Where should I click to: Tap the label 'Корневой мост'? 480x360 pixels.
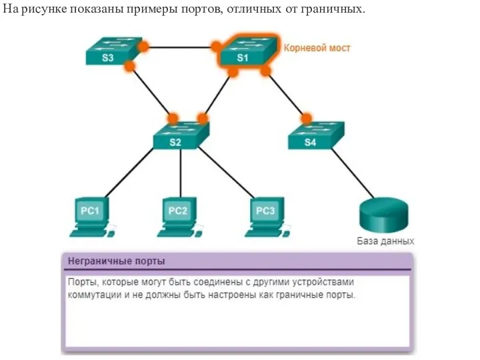click(317, 48)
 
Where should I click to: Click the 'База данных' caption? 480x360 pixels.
click(386, 241)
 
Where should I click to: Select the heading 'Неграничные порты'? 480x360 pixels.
click(117, 261)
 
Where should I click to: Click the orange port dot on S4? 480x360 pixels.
click(307, 119)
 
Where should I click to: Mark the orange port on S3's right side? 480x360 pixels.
click(143, 47)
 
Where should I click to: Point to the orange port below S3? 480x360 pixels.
click(130, 66)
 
